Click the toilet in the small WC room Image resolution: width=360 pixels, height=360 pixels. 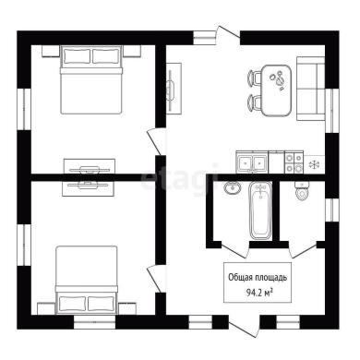pyautogui.click(x=302, y=191)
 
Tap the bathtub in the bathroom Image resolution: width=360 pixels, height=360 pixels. pyautogui.click(x=260, y=210)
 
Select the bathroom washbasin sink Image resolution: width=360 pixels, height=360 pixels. pyautogui.click(x=233, y=188)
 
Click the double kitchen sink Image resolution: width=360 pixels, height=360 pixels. pyautogui.click(x=252, y=162)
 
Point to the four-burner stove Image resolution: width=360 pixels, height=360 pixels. pyautogui.click(x=294, y=162)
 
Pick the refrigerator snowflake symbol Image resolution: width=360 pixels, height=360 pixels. pyautogui.click(x=314, y=164)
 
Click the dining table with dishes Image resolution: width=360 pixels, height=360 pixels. pyautogui.click(x=277, y=90)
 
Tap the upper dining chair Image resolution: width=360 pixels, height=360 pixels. pyautogui.click(x=254, y=78)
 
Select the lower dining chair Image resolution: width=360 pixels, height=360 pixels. pyautogui.click(x=254, y=102)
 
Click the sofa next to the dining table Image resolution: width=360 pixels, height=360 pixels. pyautogui.click(x=310, y=89)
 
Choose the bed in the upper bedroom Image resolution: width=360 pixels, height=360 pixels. pyautogui.click(x=91, y=79)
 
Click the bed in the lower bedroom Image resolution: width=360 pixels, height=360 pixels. pyautogui.click(x=87, y=280)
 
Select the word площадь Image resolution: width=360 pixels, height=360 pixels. pyautogui.click(x=271, y=278)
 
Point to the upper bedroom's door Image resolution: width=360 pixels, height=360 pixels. pyautogui.click(x=154, y=142)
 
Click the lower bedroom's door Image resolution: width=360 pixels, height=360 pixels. pyautogui.click(x=154, y=279)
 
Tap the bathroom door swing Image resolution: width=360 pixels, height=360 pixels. pyautogui.click(x=234, y=251)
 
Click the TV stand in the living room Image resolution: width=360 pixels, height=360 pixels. pyautogui.click(x=174, y=89)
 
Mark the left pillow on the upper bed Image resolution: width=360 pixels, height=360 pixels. pyautogui.click(x=77, y=55)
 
